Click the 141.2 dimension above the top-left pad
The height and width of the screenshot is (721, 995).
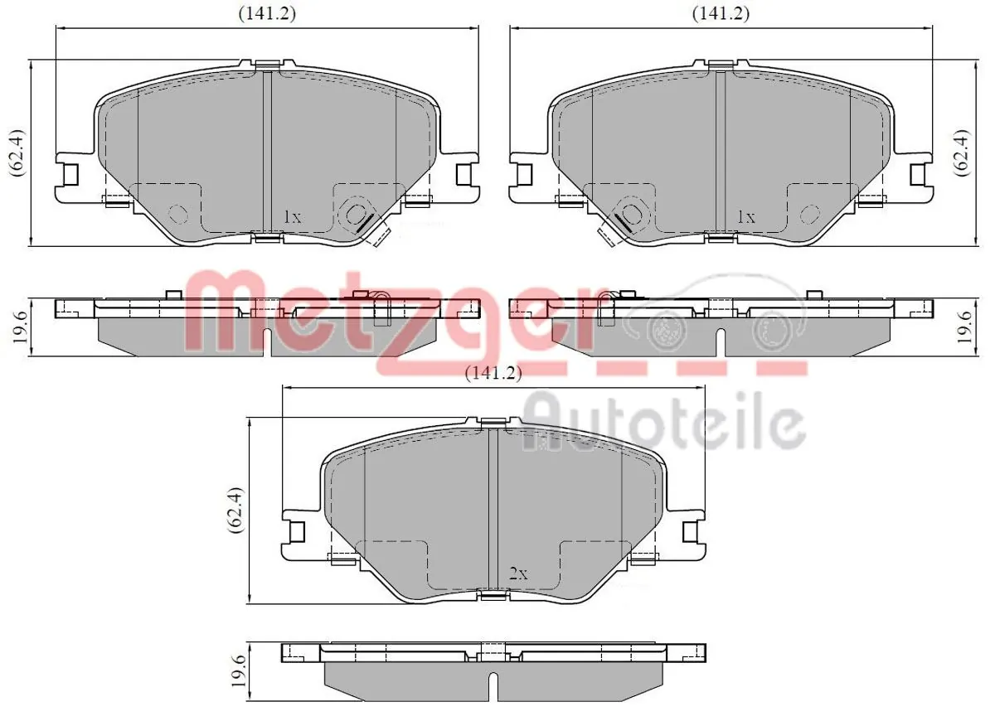tap(267, 14)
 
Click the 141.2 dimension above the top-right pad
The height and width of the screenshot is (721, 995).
tap(721, 14)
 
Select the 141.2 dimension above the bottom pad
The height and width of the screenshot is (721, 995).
tap(493, 373)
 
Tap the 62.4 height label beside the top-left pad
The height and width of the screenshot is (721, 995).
tap(17, 153)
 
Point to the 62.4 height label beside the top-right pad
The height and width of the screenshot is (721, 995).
tap(963, 153)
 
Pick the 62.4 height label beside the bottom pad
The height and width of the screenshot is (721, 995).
tap(235, 511)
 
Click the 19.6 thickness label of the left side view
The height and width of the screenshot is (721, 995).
tap(20, 327)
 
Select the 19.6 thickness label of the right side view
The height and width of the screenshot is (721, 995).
tap(964, 327)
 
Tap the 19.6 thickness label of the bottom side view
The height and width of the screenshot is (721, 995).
tap(239, 670)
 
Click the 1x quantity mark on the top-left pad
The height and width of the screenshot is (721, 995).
tap(292, 217)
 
